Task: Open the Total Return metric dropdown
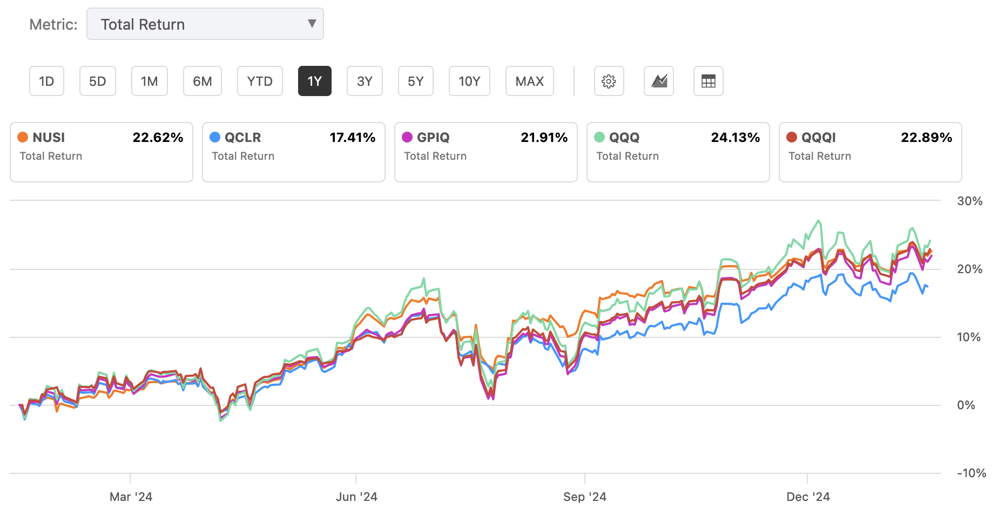pos(205,24)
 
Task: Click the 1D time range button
pos(46,82)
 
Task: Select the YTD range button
pos(260,82)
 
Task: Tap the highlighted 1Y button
pos(314,82)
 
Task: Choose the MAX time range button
pos(529,82)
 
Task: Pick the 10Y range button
pos(469,82)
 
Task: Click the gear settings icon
pos(609,82)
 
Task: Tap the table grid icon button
pos(708,82)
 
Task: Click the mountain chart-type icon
pos(659,82)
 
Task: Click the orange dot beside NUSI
pos(23,137)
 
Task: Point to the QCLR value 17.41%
pos(352,138)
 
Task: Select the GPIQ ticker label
pos(433,138)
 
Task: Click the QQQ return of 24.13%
pos(735,138)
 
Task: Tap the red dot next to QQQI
pos(792,137)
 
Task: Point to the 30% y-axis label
pos(969,201)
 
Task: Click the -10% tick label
pos(971,473)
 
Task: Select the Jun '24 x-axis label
pos(356,497)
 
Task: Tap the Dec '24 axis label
pos(808,497)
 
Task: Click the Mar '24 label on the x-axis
pos(131,497)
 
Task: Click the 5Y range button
pos(415,82)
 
